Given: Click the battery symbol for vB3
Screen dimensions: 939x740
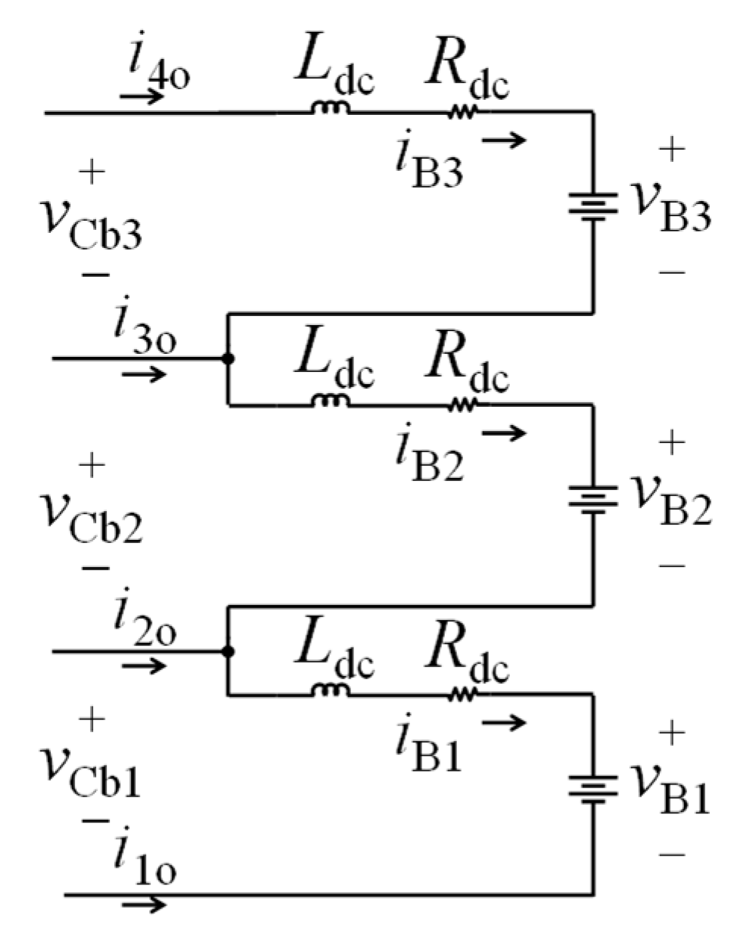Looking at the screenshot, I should click(x=592, y=206).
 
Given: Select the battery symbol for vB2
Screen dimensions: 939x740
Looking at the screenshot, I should click(x=592, y=499).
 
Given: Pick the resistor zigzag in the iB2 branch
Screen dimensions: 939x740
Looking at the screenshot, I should click(x=462, y=405).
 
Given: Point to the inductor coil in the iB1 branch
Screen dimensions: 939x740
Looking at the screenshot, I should click(x=331, y=691).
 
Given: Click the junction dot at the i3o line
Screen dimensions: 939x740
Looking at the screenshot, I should click(x=227, y=358).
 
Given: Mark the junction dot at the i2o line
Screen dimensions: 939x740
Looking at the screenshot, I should click(x=227, y=651).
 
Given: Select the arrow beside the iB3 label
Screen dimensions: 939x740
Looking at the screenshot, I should click(x=503, y=140).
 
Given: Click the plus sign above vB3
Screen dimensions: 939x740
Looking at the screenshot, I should click(x=671, y=150).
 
